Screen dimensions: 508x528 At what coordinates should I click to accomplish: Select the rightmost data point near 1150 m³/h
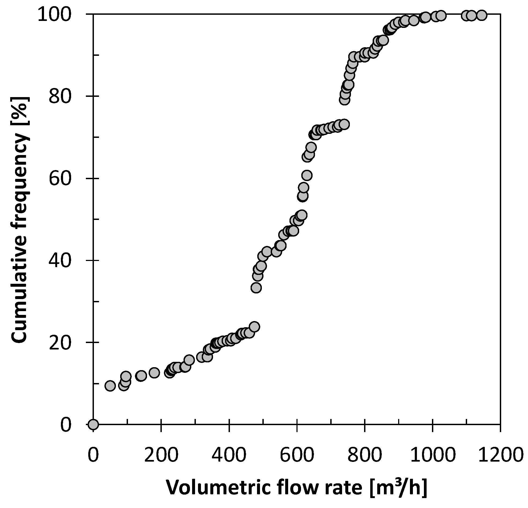coord(481,15)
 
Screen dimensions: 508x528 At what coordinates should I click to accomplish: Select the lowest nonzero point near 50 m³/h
coord(110,386)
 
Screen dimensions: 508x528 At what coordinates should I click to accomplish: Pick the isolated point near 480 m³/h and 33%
coord(256,288)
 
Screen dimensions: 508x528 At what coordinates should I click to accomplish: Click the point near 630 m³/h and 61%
coord(307,176)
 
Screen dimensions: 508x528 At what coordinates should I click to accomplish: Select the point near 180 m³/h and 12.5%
coord(154,373)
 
